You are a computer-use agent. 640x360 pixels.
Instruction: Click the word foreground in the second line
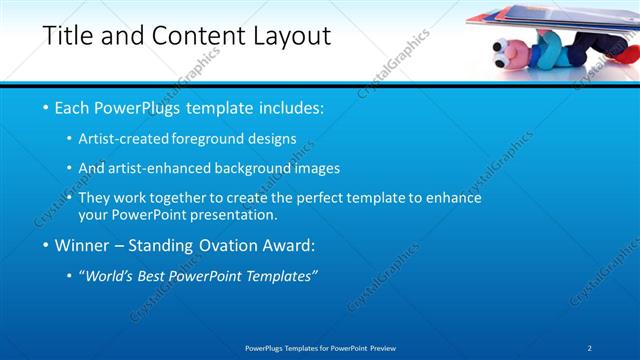tap(210, 139)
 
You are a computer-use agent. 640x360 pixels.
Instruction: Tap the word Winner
tap(83, 245)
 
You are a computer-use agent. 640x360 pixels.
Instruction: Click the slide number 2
tap(590, 348)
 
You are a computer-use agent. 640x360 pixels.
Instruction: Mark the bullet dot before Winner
tap(45, 245)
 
